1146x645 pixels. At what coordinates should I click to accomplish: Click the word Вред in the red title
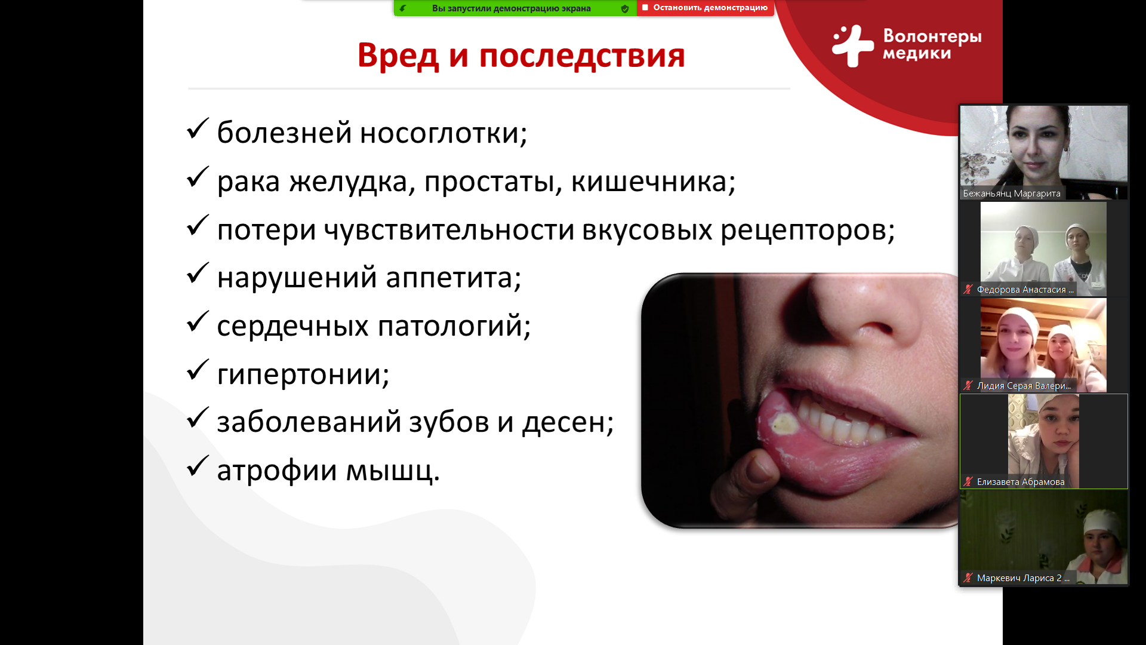398,56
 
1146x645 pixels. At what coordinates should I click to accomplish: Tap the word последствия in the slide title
582,57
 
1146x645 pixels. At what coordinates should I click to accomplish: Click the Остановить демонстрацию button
706,8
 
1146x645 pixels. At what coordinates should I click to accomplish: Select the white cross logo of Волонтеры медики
853,45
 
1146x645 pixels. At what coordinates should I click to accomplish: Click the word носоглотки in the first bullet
443,133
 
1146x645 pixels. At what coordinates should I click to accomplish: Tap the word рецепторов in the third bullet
808,231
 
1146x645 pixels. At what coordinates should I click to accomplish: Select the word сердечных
292,326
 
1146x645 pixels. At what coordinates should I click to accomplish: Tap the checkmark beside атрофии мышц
198,466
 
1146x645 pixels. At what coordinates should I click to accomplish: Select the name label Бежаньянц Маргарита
1012,193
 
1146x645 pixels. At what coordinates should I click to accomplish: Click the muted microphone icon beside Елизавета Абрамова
968,481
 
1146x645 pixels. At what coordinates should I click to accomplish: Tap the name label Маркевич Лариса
1023,578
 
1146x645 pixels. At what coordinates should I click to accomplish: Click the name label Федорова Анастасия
1025,290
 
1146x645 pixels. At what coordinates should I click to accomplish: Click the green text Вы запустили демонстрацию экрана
512,8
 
